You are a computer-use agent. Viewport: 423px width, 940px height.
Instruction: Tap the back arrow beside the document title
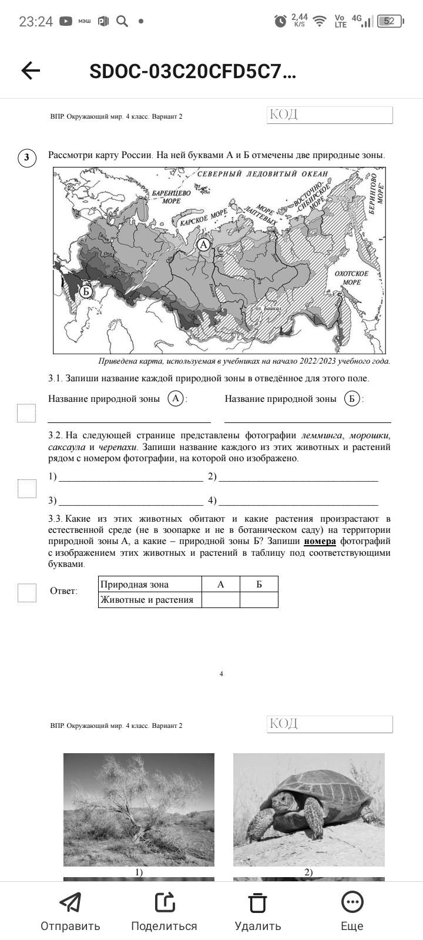(31, 71)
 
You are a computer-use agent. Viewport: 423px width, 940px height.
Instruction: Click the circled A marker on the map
(203, 244)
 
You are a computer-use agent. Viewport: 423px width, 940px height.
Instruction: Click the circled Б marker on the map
(86, 291)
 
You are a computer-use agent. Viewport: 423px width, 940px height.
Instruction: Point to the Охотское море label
(351, 278)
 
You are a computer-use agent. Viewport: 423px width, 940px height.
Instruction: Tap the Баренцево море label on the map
(171, 197)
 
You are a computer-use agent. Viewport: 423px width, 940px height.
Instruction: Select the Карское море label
(203, 219)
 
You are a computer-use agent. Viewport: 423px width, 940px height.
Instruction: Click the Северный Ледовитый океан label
(263, 174)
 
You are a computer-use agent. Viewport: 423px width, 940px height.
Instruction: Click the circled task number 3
(26, 157)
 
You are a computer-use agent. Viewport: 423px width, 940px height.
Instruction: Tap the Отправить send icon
(70, 902)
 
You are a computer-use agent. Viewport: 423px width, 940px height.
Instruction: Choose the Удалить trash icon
(257, 902)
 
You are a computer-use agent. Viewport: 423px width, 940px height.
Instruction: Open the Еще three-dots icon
(352, 902)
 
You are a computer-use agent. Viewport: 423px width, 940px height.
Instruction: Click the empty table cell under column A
(220, 600)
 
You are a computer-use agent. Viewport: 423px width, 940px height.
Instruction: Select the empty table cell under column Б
(258, 600)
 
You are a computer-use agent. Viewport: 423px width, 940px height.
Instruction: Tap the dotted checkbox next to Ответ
(26, 593)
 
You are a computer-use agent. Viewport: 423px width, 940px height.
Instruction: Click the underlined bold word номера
(320, 541)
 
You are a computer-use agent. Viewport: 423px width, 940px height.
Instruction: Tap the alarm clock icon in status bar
(280, 22)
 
